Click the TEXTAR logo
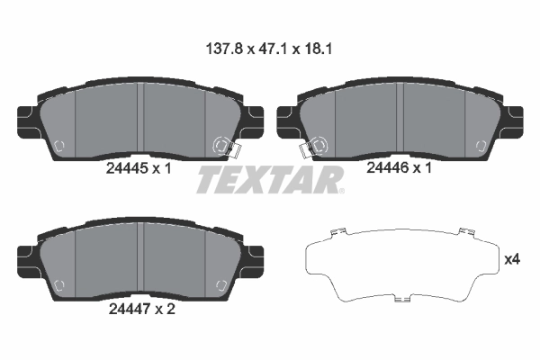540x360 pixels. pos(270,180)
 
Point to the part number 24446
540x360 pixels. pos(388,166)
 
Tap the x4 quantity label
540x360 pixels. pos(512,259)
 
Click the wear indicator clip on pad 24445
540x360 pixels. pos(222,147)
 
